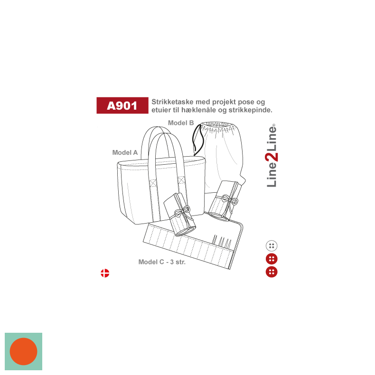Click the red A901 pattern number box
pos(122,105)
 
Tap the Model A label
pos(125,152)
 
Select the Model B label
pos(181,123)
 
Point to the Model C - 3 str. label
pos(162,262)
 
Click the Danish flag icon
pos(105,273)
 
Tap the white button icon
pos(272,246)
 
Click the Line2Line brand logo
pos(272,155)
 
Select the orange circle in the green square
pos(23,351)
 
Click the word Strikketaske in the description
pos(172,102)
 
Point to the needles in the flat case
pos(223,241)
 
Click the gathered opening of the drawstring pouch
pos(217,127)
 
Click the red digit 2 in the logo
pos(272,157)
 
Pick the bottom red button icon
pos(272,272)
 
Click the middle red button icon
pos(272,259)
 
